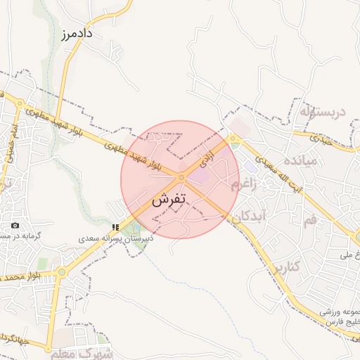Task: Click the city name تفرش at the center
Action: tap(169, 200)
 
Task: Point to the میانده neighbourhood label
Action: tap(320, 160)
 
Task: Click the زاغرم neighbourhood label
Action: tap(252, 185)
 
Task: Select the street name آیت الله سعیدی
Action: tap(266, 159)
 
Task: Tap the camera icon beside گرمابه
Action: tap(15, 225)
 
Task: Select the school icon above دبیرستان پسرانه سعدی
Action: tap(115, 227)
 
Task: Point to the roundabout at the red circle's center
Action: tap(181, 177)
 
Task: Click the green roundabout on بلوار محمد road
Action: tap(61, 271)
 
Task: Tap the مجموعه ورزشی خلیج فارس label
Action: tap(337, 316)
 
